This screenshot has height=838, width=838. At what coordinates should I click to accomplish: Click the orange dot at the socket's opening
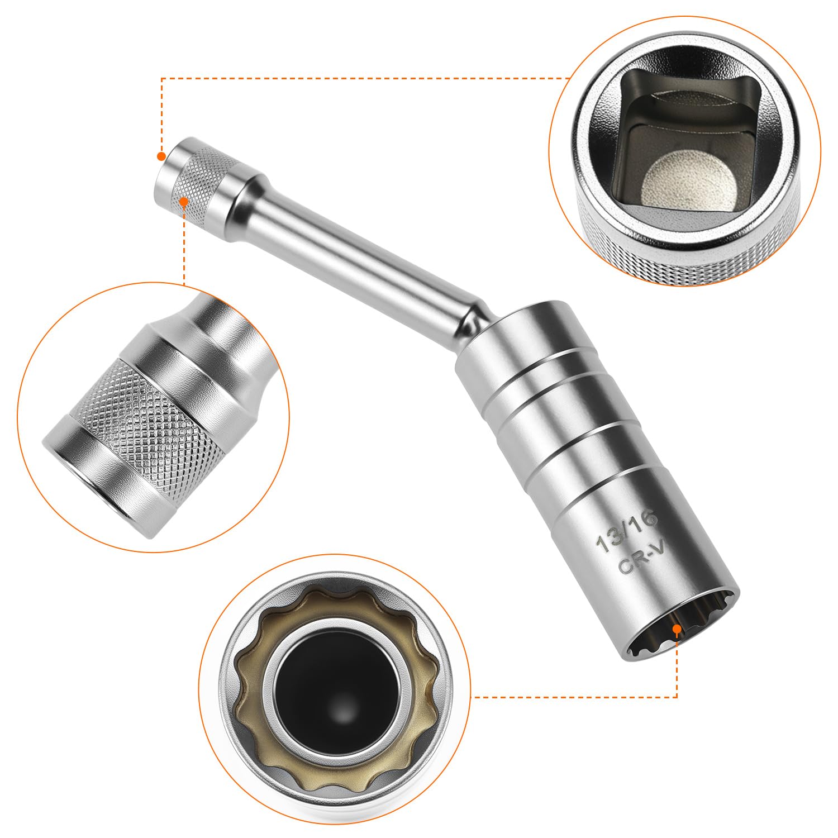click(677, 629)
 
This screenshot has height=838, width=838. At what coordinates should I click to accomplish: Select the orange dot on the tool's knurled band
click(184, 201)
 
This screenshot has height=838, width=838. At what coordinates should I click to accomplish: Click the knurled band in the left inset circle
click(145, 413)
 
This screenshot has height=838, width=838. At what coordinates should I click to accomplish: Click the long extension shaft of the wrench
click(358, 251)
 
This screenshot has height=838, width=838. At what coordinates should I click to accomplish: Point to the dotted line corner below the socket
click(677, 697)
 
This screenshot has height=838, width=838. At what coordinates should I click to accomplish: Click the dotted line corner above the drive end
click(161, 79)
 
